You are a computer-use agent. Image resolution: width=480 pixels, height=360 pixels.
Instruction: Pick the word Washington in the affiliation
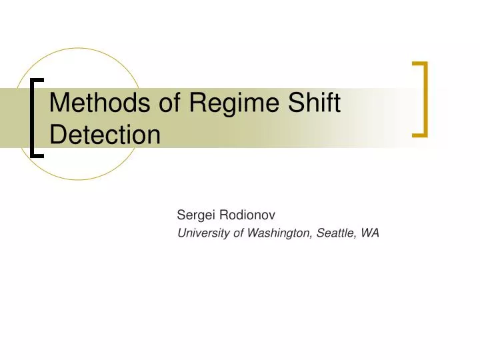[x=277, y=233]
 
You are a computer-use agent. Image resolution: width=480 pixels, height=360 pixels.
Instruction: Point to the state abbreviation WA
[x=371, y=233]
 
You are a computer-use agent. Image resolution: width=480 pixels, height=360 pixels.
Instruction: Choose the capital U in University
[x=181, y=233]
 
